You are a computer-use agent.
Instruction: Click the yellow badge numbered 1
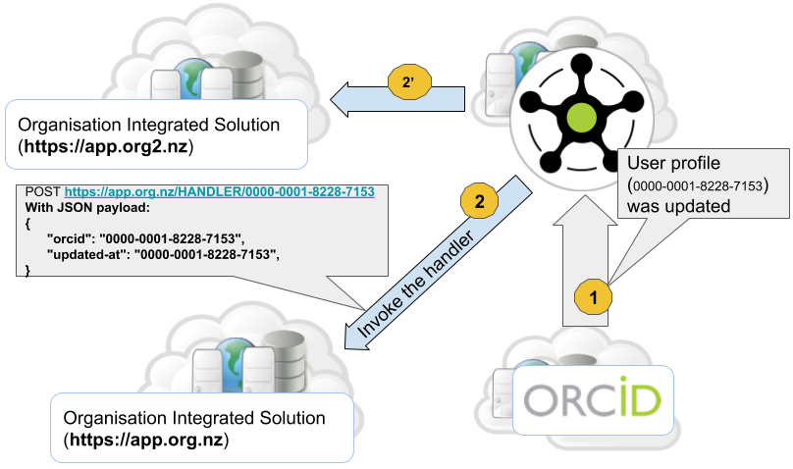(593, 296)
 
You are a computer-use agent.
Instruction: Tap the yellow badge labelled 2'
(409, 81)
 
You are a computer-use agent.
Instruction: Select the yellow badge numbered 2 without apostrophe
(479, 201)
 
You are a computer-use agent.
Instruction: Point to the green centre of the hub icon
(582, 118)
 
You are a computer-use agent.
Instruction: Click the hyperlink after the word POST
(220, 192)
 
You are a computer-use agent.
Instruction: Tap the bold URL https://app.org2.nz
(106, 146)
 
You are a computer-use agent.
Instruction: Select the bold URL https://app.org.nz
(146, 440)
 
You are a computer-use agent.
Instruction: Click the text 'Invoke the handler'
(415, 284)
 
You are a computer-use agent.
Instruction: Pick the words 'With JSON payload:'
(87, 208)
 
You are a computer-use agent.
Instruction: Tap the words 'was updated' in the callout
(679, 206)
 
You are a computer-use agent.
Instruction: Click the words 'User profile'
(673, 163)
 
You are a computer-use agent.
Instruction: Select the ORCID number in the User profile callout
(698, 185)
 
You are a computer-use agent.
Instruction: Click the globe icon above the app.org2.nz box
(191, 78)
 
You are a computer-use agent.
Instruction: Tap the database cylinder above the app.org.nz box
(285, 361)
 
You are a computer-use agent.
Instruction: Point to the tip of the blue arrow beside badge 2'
(331, 99)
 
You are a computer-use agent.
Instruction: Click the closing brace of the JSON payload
(27, 271)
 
